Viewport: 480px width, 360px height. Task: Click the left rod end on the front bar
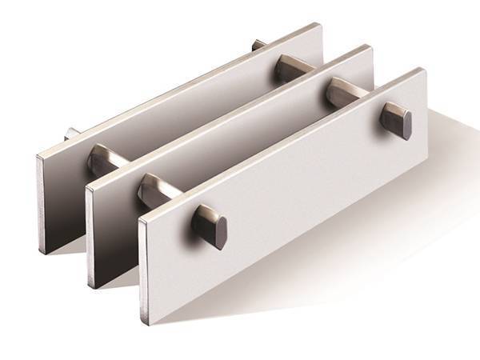(210, 225)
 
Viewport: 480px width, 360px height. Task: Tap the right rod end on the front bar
(398, 121)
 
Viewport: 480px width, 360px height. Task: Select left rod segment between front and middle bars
(154, 191)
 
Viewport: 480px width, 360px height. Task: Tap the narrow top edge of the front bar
(280, 144)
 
